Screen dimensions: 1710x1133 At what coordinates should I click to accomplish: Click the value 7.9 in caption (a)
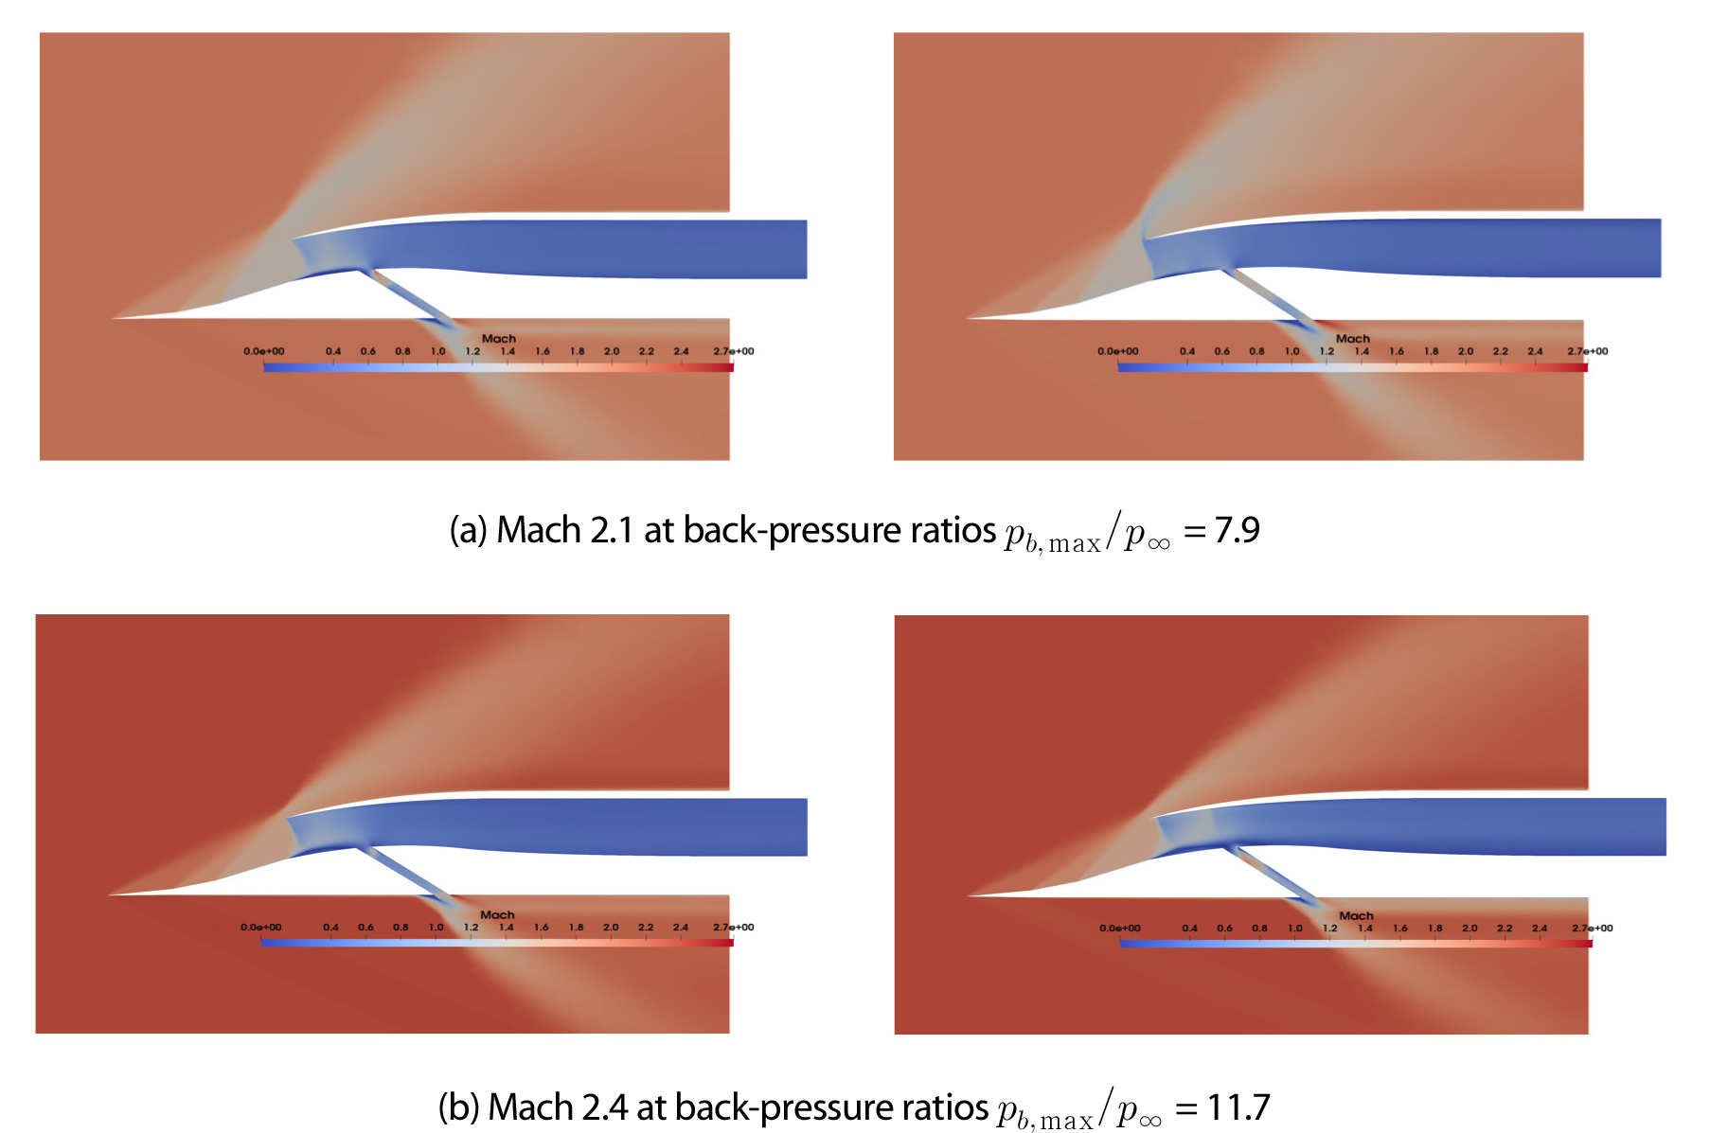pos(1237,530)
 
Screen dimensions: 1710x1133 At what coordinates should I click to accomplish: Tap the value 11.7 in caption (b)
pos(1238,1106)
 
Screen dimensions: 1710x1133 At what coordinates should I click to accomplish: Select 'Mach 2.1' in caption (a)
pos(565,530)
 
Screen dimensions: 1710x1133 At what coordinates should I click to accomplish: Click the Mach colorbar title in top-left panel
pos(499,338)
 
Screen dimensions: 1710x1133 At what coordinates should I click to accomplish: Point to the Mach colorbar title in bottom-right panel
pos(1356,915)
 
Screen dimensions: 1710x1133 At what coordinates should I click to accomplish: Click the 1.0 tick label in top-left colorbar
pos(437,351)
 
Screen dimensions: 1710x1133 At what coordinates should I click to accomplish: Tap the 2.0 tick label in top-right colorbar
pos(1466,351)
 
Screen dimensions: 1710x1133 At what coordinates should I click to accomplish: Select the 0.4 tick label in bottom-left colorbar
pos(330,928)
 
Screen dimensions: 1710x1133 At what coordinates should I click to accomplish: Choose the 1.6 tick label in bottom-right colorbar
pos(1400,929)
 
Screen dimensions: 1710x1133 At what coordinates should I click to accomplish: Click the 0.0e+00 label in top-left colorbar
pos(263,351)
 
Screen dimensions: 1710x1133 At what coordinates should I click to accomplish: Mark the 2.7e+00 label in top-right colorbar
pos(1587,351)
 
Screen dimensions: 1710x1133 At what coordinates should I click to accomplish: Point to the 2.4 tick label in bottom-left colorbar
pos(681,928)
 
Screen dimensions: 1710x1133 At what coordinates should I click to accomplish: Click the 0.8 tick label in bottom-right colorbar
pos(1259,929)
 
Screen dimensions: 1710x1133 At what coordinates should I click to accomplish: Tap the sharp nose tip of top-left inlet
pos(113,318)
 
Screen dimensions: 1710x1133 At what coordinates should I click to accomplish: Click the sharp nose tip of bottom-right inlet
pos(968,895)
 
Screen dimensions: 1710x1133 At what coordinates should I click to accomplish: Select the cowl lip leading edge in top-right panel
pos(1144,239)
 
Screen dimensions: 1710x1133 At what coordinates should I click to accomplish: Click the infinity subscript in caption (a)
pos(1160,543)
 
